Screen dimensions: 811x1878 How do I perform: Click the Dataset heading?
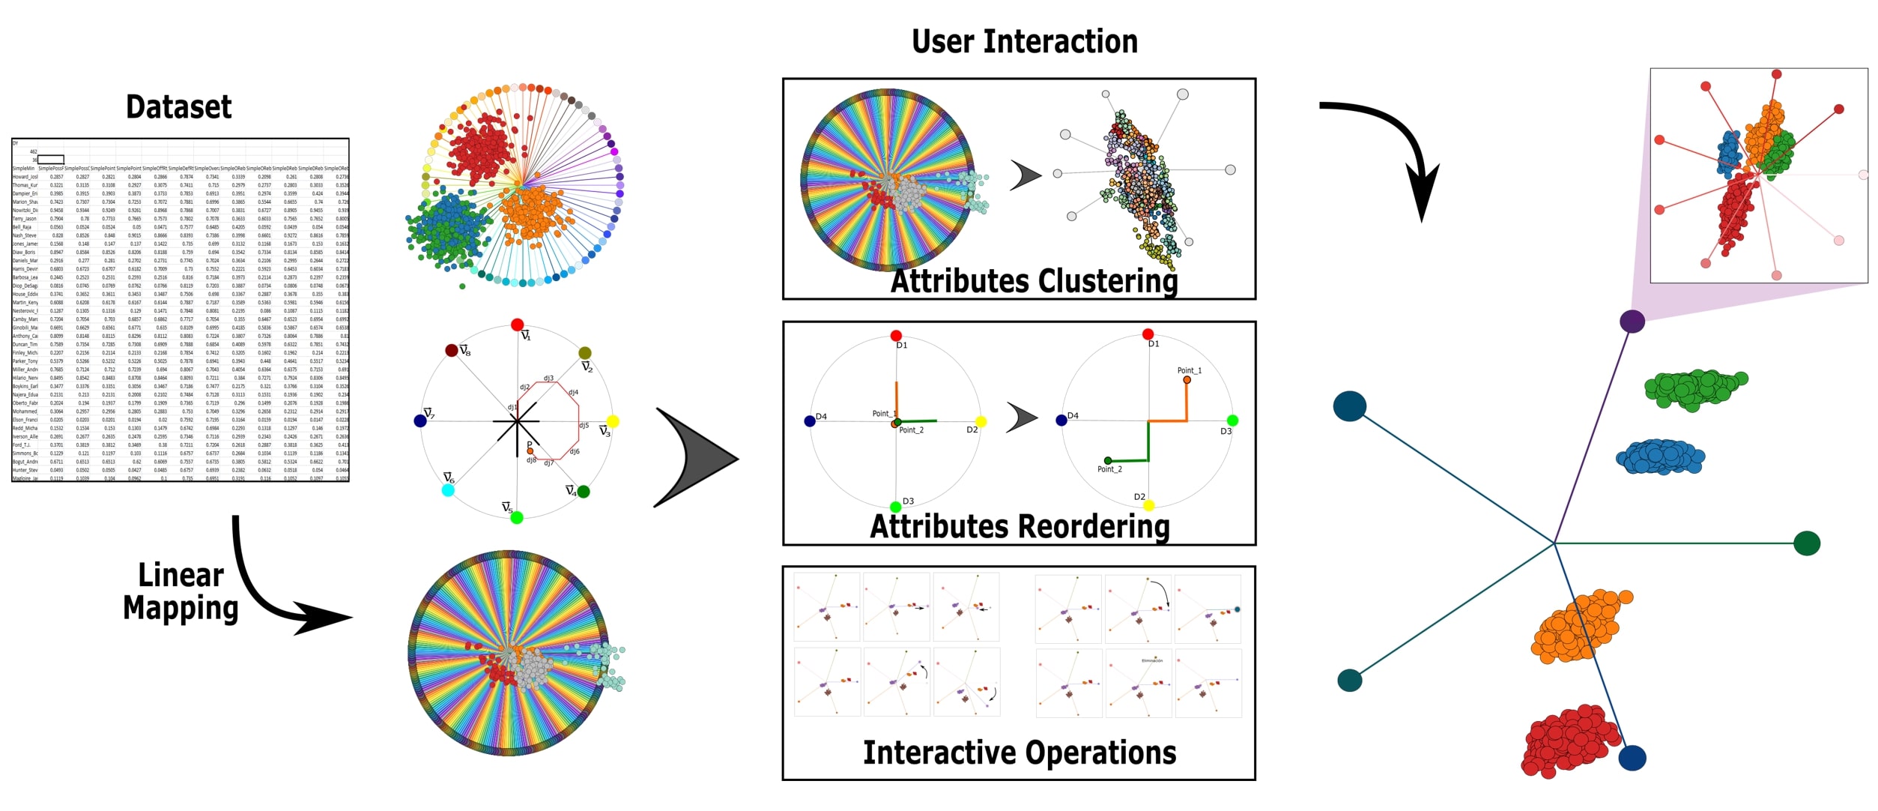[x=178, y=106]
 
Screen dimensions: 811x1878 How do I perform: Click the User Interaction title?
[x=1024, y=41]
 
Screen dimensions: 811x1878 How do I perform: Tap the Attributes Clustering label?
[x=1034, y=281]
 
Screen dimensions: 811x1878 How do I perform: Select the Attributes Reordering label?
[x=1020, y=525]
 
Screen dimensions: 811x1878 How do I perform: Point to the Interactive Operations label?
[x=1020, y=753]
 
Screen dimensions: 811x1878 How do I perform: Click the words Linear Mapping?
[x=180, y=592]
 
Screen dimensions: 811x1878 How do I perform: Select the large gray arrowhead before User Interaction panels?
[x=693, y=458]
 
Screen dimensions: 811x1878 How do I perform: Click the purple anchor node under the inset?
[x=1632, y=322]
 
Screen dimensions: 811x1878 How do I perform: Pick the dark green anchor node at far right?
[x=1808, y=543]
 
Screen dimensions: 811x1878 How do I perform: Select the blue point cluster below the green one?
[x=1661, y=456]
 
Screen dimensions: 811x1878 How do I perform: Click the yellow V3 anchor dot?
[x=613, y=421]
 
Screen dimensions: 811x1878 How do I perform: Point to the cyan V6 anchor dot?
[x=448, y=490]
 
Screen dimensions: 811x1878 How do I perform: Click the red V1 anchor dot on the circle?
[x=517, y=325]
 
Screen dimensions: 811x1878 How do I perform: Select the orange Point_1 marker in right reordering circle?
[x=1187, y=380]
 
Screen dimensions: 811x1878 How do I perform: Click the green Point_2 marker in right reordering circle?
[x=1108, y=460]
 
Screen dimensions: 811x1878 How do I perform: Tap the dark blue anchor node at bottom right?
[x=1632, y=758]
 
